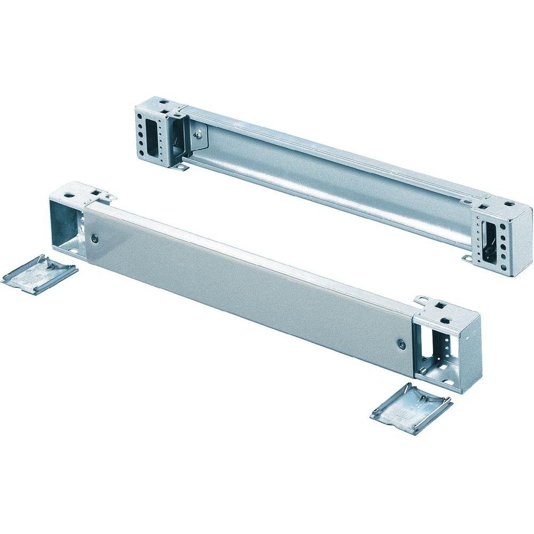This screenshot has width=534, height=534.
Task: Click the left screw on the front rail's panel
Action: (x=94, y=239)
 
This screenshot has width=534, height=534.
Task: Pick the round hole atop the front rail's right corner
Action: (x=444, y=321)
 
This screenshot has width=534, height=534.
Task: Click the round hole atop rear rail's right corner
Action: (x=507, y=204)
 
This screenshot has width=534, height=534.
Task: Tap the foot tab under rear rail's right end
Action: (x=468, y=260)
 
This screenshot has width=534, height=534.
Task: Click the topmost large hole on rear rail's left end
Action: (x=140, y=115)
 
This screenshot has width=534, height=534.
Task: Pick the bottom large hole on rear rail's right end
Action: (x=501, y=264)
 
